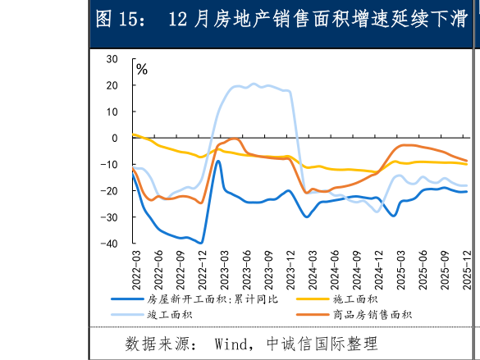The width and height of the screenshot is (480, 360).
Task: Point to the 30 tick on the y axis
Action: [x=112, y=59]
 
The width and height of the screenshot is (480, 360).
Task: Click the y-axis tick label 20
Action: [x=112, y=85]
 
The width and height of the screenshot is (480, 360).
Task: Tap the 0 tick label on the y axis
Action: [x=116, y=138]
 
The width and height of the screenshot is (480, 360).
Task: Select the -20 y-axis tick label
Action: [x=110, y=191]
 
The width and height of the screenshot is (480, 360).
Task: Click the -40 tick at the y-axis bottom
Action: [x=110, y=244]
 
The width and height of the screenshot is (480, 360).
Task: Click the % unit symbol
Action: [x=142, y=70]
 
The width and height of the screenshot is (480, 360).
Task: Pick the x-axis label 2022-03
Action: [x=135, y=267]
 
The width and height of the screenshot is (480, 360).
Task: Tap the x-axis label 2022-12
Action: [x=201, y=267]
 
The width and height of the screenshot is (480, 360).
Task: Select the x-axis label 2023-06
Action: [x=246, y=267]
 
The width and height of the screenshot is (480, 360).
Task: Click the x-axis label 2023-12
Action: [x=290, y=267]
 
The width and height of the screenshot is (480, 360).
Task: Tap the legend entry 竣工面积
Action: [x=169, y=314]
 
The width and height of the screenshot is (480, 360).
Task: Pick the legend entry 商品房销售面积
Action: [x=372, y=314]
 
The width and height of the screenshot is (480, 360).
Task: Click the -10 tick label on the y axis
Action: [x=110, y=165]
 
